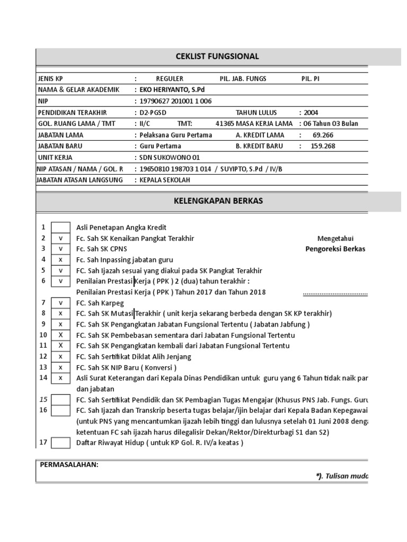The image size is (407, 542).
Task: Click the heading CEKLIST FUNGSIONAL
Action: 217,57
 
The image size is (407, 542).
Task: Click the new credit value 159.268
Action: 324,146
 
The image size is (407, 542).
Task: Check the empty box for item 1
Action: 60,228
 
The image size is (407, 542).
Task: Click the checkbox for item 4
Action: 60,259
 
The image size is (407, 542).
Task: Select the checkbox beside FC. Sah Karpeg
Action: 60,303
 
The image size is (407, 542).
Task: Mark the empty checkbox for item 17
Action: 60,443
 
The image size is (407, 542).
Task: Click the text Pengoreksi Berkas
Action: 335,249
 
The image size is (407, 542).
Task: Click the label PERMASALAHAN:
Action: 69,465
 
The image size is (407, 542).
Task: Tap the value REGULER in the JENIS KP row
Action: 169,79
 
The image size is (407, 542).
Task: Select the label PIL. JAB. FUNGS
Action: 243,79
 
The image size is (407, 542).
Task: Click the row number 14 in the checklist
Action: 43,377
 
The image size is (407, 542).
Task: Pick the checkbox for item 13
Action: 60,367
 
